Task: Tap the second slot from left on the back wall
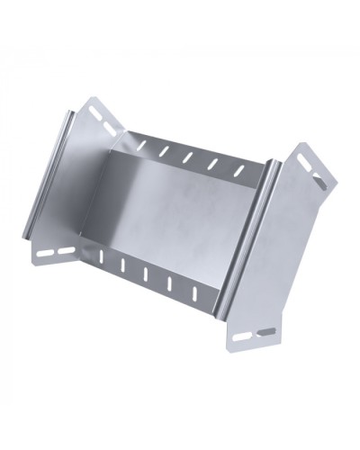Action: point(164,148)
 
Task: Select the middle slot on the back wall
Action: point(189,157)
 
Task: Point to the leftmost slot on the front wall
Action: point(102,258)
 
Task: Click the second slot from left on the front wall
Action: point(123,267)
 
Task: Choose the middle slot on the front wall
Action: point(147,275)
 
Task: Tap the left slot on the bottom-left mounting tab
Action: point(45,254)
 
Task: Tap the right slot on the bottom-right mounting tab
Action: point(266,330)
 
